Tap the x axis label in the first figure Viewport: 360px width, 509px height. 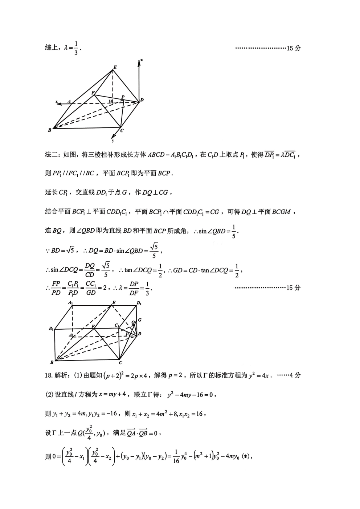(x=57, y=102)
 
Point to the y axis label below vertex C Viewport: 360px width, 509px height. (x=113, y=141)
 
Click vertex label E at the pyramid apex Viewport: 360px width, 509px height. (x=115, y=67)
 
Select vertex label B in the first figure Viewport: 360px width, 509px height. (x=50, y=130)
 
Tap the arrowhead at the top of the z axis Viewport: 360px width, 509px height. (x=139, y=62)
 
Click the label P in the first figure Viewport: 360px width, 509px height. (x=123, y=97)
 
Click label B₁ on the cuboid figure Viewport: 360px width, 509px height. (x=51, y=329)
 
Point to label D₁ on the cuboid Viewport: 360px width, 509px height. (x=139, y=303)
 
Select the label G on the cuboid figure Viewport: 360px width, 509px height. (x=140, y=320)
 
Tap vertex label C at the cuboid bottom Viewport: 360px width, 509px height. (x=120, y=362)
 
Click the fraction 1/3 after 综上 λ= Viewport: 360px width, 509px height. (x=76, y=48)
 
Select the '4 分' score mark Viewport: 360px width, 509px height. (x=295, y=376)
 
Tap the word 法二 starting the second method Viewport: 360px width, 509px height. (x=51, y=155)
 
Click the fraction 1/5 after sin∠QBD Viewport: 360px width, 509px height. (x=234, y=232)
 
